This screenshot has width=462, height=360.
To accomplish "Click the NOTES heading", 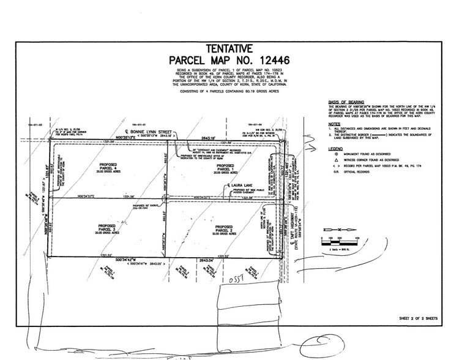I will pos(334,124).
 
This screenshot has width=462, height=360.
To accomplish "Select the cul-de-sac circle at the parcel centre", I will pos(167,198).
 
